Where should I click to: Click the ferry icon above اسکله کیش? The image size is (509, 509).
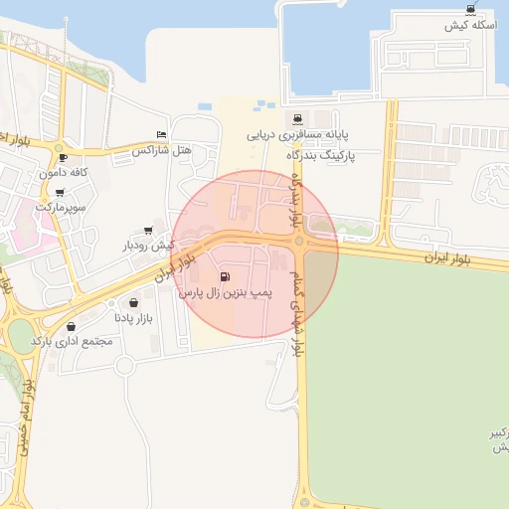pyautogui.click(x=469, y=9)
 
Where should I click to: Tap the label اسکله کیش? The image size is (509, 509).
pyautogui.click(x=469, y=24)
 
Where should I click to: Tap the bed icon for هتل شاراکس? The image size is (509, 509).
pyautogui.click(x=162, y=135)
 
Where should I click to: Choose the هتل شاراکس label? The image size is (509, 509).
pyautogui.click(x=161, y=150)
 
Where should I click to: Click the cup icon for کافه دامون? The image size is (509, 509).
pyautogui.click(x=64, y=157)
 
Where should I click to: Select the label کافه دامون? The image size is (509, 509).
pyautogui.click(x=64, y=173)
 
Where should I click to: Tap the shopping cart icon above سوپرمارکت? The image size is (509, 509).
pyautogui.click(x=60, y=192)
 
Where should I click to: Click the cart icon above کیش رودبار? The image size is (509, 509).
pyautogui.click(x=149, y=230)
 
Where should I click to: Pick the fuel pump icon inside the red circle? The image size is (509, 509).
pyautogui.click(x=224, y=277)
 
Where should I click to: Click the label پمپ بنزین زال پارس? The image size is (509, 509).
pyautogui.click(x=225, y=294)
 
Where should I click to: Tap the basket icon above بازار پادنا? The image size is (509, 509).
pyautogui.click(x=133, y=303)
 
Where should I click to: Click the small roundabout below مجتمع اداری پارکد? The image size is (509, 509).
pyautogui.click(x=123, y=366)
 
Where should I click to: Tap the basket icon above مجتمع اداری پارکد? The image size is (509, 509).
pyautogui.click(x=71, y=326)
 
